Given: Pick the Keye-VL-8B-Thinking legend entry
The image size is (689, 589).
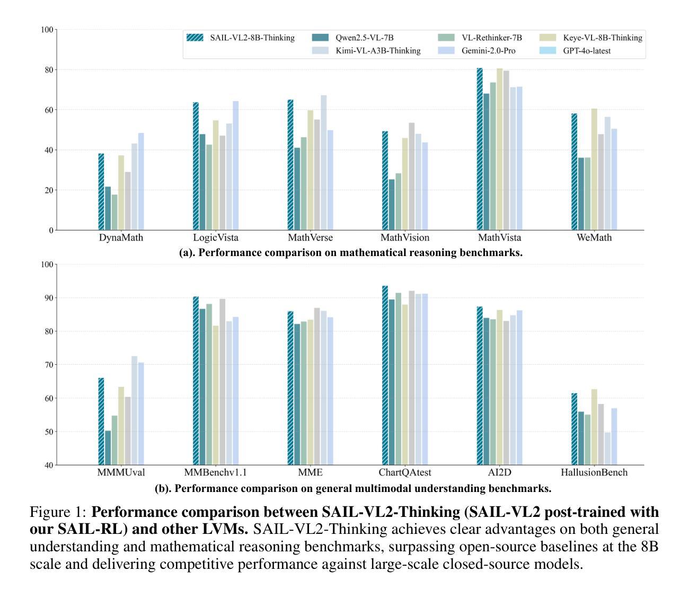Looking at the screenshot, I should point(603,38).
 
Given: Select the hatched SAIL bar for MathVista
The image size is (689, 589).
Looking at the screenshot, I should point(480,149).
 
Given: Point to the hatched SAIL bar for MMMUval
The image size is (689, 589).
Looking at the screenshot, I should point(101,421).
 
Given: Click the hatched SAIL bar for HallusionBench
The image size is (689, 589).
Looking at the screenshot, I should point(575,429).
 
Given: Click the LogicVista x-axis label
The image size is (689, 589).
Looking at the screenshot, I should point(216,238).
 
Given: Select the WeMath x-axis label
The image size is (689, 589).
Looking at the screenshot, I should point(594,238).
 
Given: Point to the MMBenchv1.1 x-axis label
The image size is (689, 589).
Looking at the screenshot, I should point(215,472).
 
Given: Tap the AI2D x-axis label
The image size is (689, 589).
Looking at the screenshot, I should point(499,472).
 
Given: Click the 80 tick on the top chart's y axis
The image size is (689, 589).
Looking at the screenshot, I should point(49,69).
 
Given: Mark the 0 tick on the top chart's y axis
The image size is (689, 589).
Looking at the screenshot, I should point(51,230).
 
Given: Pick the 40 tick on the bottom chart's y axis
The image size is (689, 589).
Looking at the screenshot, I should point(49,465).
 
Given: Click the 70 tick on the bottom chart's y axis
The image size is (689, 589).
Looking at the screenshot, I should point(49,365).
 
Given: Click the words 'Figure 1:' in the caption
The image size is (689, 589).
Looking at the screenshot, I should point(58,513).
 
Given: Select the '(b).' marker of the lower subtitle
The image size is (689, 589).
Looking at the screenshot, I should point(163,488).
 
